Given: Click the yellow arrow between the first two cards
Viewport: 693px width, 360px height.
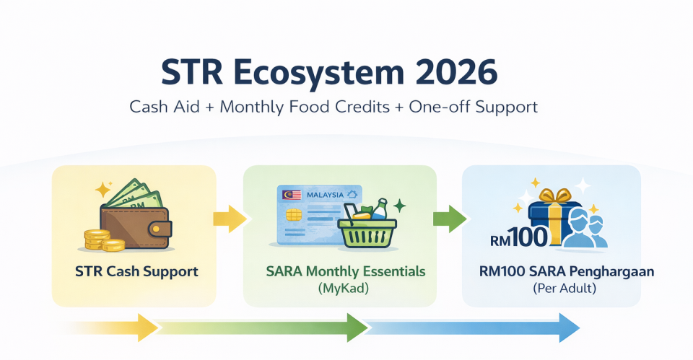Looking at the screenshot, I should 230,219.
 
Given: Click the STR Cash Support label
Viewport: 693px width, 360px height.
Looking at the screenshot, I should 136,272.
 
